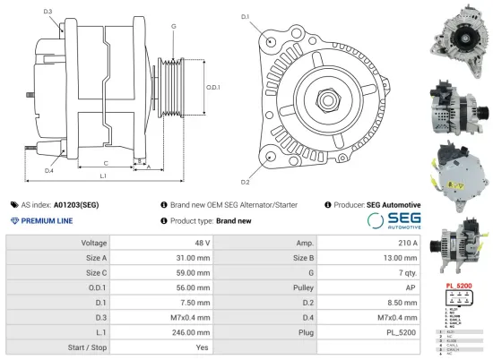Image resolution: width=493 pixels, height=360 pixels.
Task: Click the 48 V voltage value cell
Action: click(202, 243)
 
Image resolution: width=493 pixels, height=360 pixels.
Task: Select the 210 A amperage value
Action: click(407, 243)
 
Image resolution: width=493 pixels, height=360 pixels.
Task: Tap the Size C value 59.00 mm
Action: click(195, 272)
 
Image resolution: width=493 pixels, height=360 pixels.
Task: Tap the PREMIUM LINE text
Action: click(46, 219)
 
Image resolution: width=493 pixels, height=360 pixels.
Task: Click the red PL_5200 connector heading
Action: click(458, 285)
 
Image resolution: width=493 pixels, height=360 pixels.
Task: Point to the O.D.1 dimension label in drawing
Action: click(212, 87)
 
